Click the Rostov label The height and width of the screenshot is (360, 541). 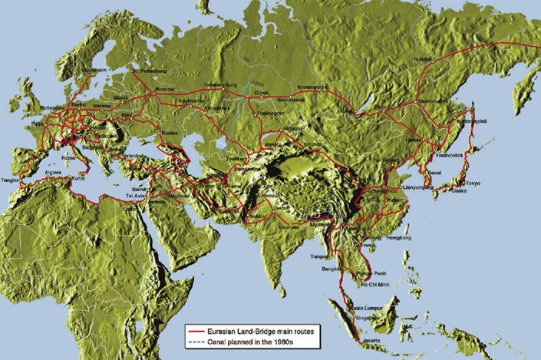pyautogui.click(x=170, y=134)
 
